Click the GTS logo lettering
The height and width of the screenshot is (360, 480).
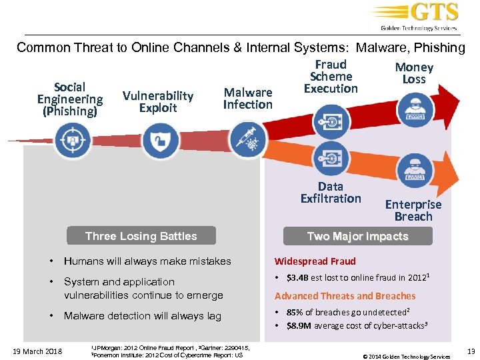point(434,13)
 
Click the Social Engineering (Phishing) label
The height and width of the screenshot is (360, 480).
point(70,99)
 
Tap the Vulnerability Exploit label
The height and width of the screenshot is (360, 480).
point(158,102)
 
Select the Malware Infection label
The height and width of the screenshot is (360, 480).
point(247,99)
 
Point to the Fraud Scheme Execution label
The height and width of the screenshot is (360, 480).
point(331,77)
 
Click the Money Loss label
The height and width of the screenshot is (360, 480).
point(414,73)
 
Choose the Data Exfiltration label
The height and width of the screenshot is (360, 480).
point(331,193)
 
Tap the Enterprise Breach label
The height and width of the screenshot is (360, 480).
point(413,211)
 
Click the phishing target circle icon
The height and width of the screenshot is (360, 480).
point(72,141)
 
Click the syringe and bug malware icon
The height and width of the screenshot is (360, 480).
point(247,141)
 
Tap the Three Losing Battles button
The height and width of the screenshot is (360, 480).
point(141,236)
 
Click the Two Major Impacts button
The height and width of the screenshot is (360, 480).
point(357,236)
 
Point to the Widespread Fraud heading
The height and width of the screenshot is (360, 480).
point(315,261)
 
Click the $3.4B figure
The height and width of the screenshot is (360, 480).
point(298,278)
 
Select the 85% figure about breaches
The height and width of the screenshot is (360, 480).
point(295,312)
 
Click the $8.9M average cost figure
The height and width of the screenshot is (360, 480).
point(299,326)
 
